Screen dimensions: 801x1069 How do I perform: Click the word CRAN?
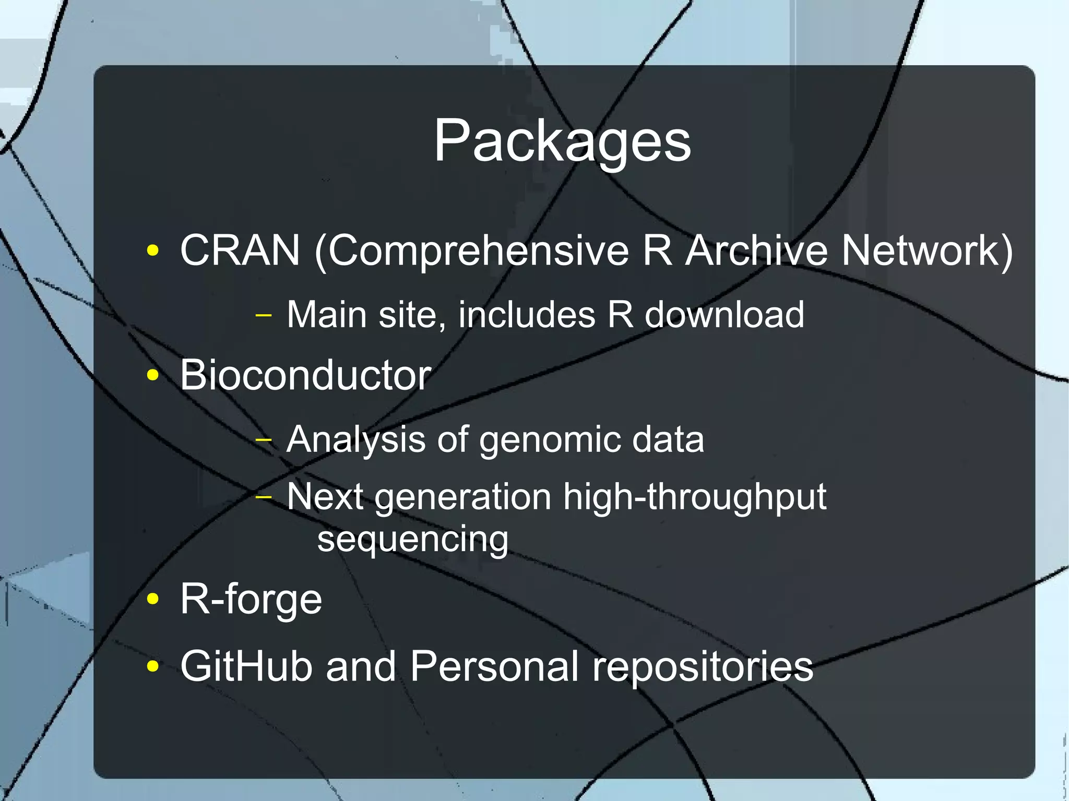pos(240,250)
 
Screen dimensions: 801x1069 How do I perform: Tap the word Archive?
pos(756,250)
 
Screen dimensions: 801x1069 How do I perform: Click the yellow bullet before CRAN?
pos(153,251)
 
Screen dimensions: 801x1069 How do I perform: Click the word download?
pos(724,315)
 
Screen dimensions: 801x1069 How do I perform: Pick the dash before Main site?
pos(264,315)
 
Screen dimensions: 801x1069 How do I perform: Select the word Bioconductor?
pos(305,375)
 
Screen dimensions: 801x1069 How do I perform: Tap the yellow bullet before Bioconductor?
pos(153,375)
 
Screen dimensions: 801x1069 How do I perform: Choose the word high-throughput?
pos(694,497)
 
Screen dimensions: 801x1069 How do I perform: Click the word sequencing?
pos(412,540)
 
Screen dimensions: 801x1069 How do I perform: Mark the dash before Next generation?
pos(264,497)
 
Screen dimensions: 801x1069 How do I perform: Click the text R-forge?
pos(251,600)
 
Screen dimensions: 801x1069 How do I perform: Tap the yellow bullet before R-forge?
pos(153,599)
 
